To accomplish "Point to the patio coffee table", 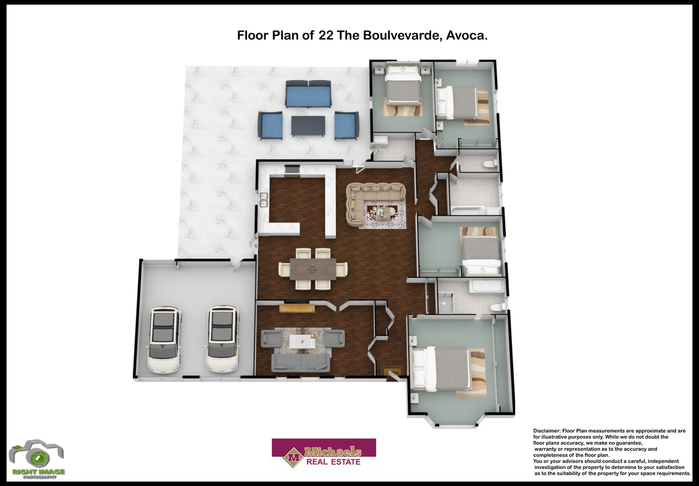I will click(x=308, y=126).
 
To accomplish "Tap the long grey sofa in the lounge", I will click(x=300, y=363).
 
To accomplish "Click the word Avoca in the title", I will click(x=466, y=36).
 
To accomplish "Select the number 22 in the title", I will click(x=326, y=36).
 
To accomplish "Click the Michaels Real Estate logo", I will click(x=324, y=455).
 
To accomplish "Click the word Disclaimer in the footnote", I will click(x=546, y=431).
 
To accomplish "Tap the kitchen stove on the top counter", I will click(x=292, y=170).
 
